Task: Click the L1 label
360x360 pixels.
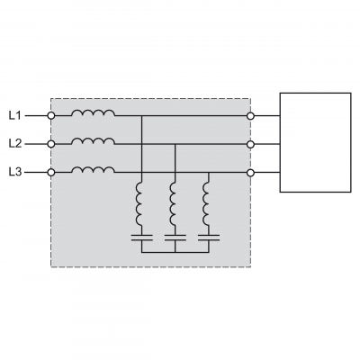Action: click(15, 115)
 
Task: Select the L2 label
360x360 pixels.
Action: click(15, 144)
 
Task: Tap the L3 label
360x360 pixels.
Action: click(15, 173)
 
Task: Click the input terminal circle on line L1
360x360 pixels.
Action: click(51, 115)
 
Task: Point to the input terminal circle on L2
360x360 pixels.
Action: click(51, 144)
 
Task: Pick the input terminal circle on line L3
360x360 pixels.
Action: click(51, 173)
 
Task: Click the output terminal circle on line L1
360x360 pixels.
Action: click(250, 116)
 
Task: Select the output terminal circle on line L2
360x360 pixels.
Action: click(250, 144)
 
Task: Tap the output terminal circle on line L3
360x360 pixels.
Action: click(250, 173)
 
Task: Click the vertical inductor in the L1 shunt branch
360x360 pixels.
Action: click(138, 204)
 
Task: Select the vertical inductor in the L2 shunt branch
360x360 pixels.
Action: click(171, 204)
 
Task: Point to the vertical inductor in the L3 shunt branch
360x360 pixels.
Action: click(204, 204)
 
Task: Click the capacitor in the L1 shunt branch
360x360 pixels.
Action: click(141, 238)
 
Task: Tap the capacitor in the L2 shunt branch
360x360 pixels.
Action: click(175, 238)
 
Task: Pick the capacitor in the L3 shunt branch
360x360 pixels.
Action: click(209, 238)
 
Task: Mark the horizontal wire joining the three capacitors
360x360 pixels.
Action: click(175, 252)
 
